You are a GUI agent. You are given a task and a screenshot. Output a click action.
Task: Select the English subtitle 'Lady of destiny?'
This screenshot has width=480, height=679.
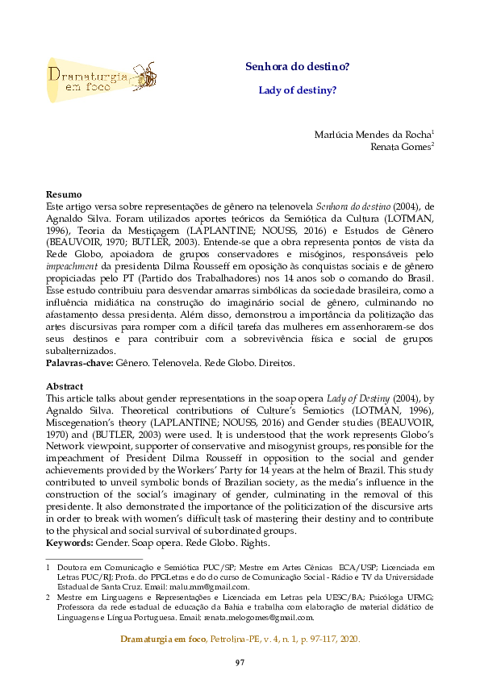pyautogui.click(x=297, y=90)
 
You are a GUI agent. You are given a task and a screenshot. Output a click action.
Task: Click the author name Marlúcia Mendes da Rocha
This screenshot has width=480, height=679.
pyautogui.click(x=372, y=134)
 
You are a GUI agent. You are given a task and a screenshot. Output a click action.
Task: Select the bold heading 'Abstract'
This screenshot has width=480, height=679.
pyautogui.click(x=65, y=386)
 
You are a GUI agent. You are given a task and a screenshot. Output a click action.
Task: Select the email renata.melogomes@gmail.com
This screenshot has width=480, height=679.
pyautogui.click(x=257, y=618)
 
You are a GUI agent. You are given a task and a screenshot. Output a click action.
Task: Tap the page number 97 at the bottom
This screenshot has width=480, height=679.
pyautogui.click(x=240, y=662)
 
